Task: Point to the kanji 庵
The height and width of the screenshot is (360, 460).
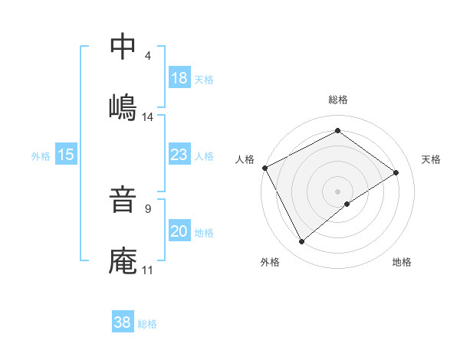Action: [123, 260]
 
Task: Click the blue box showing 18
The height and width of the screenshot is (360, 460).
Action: [179, 78]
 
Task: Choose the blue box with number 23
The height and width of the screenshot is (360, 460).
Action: [179, 155]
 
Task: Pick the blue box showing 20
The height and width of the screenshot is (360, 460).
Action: [179, 232]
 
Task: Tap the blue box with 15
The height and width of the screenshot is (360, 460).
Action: [66, 155]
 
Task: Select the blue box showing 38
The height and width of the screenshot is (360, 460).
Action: [123, 322]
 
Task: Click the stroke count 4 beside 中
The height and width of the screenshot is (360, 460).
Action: [147, 55]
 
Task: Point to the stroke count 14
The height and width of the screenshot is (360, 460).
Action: [148, 116]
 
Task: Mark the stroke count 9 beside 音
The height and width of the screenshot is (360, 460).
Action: [147, 208]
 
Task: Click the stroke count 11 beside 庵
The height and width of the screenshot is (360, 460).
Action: [148, 270]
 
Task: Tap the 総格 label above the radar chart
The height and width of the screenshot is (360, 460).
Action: [338, 100]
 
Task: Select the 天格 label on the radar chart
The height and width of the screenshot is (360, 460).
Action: [431, 159]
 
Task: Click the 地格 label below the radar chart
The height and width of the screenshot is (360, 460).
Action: [402, 262]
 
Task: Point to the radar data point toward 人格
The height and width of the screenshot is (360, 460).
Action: [264, 168]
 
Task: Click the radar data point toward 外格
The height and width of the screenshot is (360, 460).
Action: [301, 242]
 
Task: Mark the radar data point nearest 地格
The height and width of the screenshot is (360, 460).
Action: [347, 204]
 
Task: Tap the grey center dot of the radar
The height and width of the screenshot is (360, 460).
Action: [337, 191]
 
